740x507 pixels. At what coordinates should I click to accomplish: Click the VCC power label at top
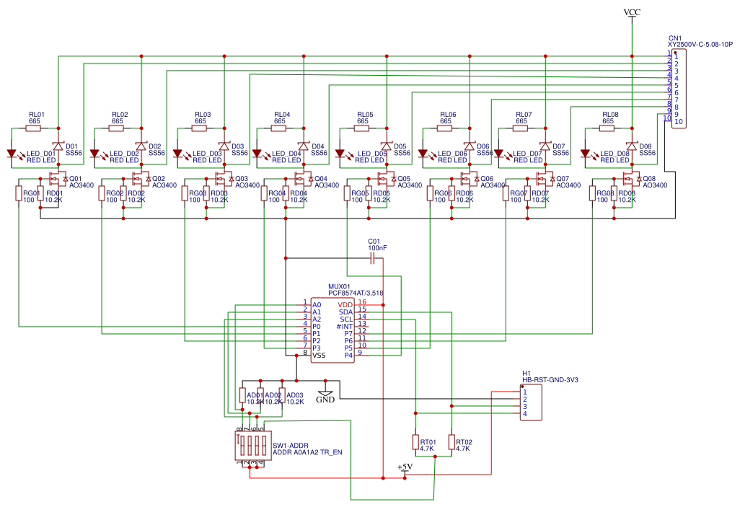[x=632, y=13]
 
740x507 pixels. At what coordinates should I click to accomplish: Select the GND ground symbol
[x=325, y=394]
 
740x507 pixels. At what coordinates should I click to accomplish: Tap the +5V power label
[x=405, y=468]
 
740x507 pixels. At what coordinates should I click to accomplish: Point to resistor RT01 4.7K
[x=415, y=442]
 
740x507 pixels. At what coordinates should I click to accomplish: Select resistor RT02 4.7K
[x=452, y=442]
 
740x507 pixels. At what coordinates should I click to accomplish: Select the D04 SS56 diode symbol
[x=303, y=146]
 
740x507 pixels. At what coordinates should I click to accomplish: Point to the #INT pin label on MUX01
[x=344, y=327]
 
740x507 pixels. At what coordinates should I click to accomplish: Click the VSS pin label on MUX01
[x=319, y=355]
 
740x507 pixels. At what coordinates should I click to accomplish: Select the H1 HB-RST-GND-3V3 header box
[x=532, y=402]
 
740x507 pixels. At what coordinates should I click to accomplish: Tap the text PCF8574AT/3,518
[x=356, y=294]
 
